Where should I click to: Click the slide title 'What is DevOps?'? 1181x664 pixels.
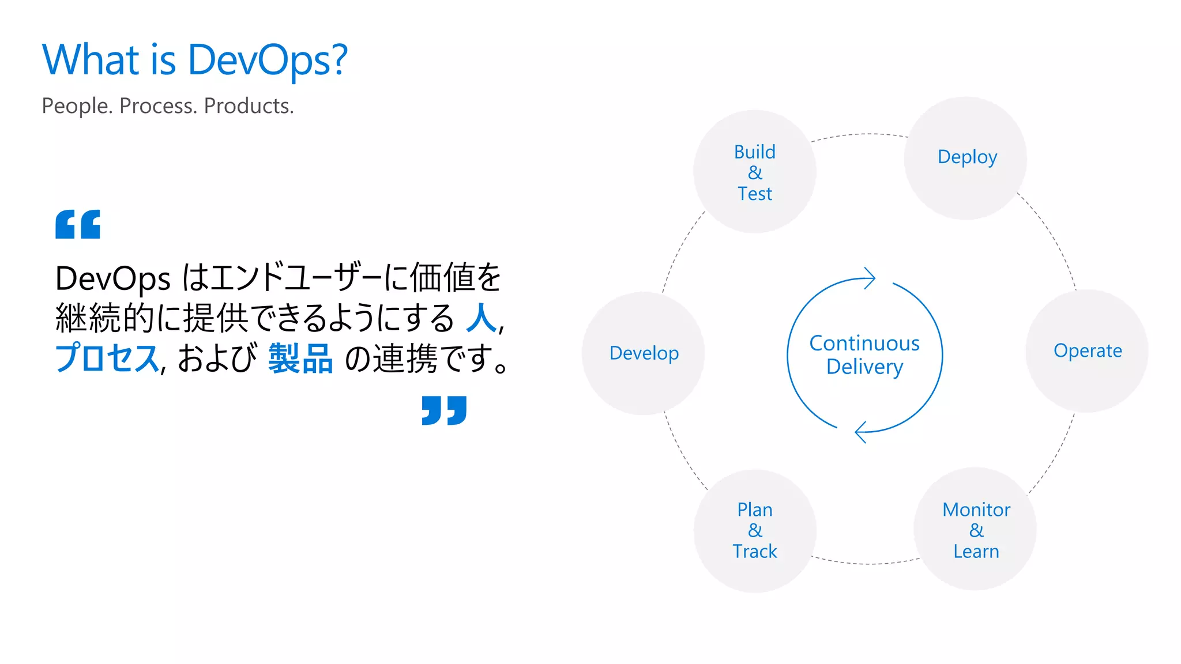pos(195,60)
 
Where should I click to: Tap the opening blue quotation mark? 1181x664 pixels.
pos(78,224)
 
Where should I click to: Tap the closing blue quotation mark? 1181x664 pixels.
pos(444,410)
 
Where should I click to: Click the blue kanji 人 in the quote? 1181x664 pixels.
pos(481,318)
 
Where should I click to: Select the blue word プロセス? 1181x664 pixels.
pos(107,359)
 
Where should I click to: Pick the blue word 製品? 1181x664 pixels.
pos(300,359)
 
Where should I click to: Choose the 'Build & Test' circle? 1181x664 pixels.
pos(754,172)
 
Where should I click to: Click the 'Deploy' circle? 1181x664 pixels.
pos(966,157)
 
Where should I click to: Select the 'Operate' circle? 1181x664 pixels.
pos(1087,351)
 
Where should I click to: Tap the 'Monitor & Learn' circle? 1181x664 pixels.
pos(975,530)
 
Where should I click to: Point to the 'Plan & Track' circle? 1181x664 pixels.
pos(755,531)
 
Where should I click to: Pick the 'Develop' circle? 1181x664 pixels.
pos(644,353)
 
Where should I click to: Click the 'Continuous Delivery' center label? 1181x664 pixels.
pos(864,355)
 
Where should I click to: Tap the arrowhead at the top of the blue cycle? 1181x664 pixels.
pos(870,278)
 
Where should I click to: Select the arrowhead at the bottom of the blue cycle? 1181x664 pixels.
pos(860,432)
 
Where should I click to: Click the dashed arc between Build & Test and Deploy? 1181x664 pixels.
pos(860,134)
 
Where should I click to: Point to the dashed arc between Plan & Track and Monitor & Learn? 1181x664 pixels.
pos(865,563)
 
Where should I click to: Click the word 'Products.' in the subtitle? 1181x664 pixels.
pos(249,106)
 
